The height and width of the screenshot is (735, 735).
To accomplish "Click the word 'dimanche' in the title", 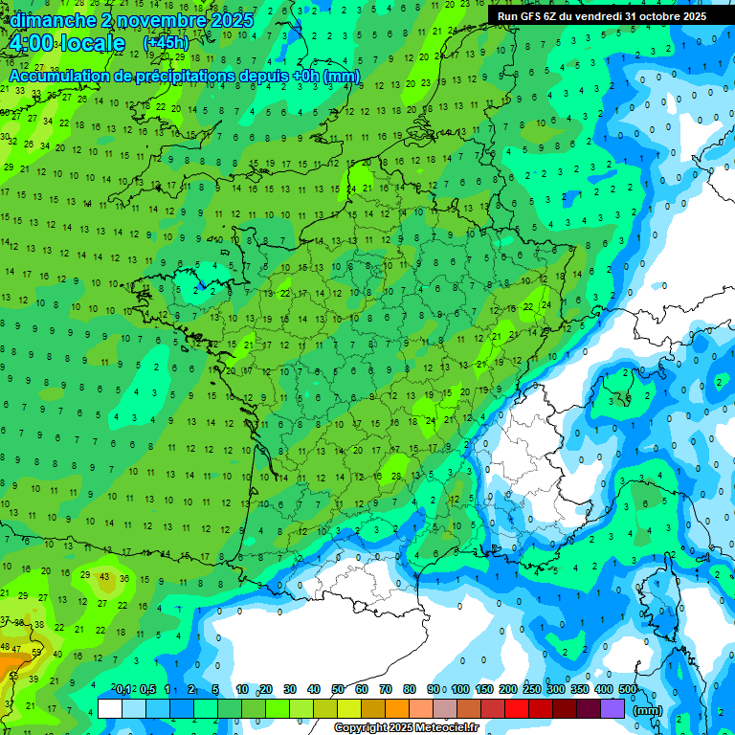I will [x=49, y=20].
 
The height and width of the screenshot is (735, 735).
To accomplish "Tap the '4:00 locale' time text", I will [x=67, y=43].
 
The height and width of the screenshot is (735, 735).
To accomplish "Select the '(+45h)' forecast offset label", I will [x=166, y=43].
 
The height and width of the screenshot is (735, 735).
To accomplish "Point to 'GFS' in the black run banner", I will [x=535, y=16].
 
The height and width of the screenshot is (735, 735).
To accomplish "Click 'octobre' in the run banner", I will [x=655, y=16].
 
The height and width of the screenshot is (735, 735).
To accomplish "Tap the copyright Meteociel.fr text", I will [x=419, y=727].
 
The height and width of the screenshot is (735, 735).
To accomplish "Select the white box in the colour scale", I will [x=110, y=708].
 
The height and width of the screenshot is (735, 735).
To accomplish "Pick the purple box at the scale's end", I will [x=613, y=708].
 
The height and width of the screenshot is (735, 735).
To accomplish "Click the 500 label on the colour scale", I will [x=628, y=689].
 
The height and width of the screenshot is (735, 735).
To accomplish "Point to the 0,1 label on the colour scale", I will [x=123, y=689].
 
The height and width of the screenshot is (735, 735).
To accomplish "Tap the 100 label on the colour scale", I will [x=460, y=689].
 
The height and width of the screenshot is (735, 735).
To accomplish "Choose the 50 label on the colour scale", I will [x=338, y=689].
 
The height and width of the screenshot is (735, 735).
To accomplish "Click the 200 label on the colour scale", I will [x=508, y=689].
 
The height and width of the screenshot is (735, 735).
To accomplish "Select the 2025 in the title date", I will [x=233, y=20].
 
